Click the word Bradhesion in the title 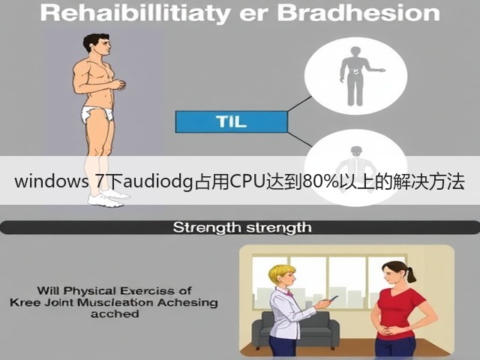tap(358, 13)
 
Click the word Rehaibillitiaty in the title tap(135, 14)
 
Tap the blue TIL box tap(231, 121)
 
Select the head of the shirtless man tap(98, 45)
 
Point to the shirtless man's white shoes tap(107, 198)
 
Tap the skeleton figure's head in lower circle tap(356, 151)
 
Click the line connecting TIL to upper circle tap(300, 103)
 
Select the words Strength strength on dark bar tap(242, 227)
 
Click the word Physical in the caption tap(89, 290)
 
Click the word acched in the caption tap(115, 313)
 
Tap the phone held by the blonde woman tap(333, 298)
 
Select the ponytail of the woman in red tap(410, 273)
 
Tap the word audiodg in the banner tap(158, 181)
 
